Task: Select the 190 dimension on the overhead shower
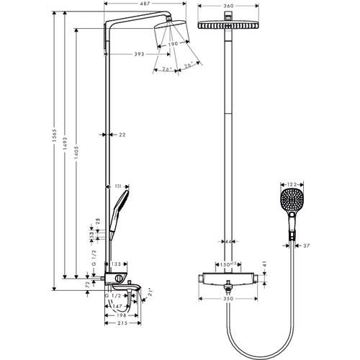(x=173, y=45)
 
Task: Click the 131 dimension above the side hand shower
(x=117, y=186)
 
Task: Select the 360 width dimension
(x=227, y=6)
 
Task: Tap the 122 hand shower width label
(x=290, y=186)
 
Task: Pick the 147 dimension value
(x=117, y=307)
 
